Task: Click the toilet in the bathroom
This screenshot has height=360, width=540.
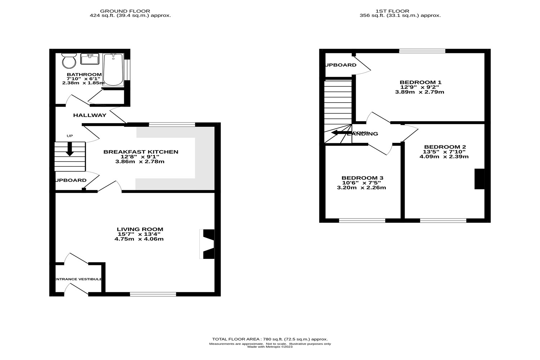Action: [x=69, y=60]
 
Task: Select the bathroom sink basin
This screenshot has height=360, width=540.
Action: [x=90, y=59]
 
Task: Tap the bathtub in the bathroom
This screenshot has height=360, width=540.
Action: [x=113, y=69]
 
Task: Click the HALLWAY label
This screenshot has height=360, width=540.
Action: [x=90, y=115]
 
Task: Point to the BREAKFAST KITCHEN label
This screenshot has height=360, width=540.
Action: [x=141, y=152]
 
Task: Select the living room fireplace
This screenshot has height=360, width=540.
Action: [x=208, y=244]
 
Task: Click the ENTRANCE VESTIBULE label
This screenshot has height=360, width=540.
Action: [x=78, y=279]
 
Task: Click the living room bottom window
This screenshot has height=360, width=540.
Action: [x=153, y=294]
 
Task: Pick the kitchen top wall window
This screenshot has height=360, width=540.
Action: [x=172, y=125]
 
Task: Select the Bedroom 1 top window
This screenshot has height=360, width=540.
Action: [x=422, y=51]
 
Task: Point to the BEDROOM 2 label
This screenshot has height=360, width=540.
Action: [x=445, y=147]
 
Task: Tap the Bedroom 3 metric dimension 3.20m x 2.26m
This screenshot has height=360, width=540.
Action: [x=361, y=188]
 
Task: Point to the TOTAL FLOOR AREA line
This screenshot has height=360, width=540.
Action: [x=270, y=339]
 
